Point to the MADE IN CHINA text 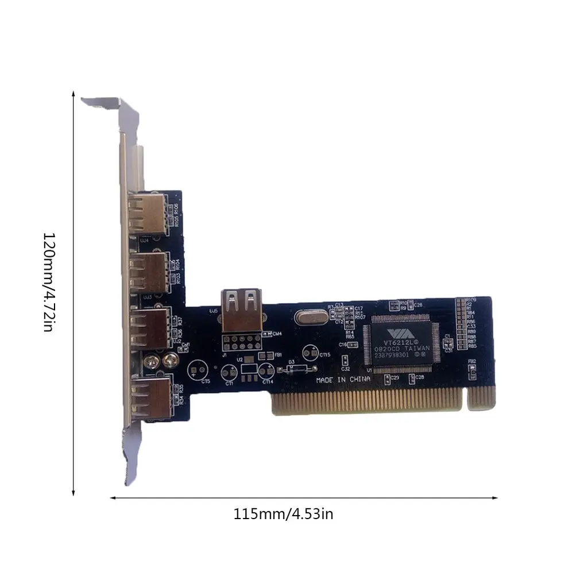point(343,380)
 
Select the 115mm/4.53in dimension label point(283,513)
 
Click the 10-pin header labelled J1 point(242,344)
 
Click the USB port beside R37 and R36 point(149,328)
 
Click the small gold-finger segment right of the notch point(481,397)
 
